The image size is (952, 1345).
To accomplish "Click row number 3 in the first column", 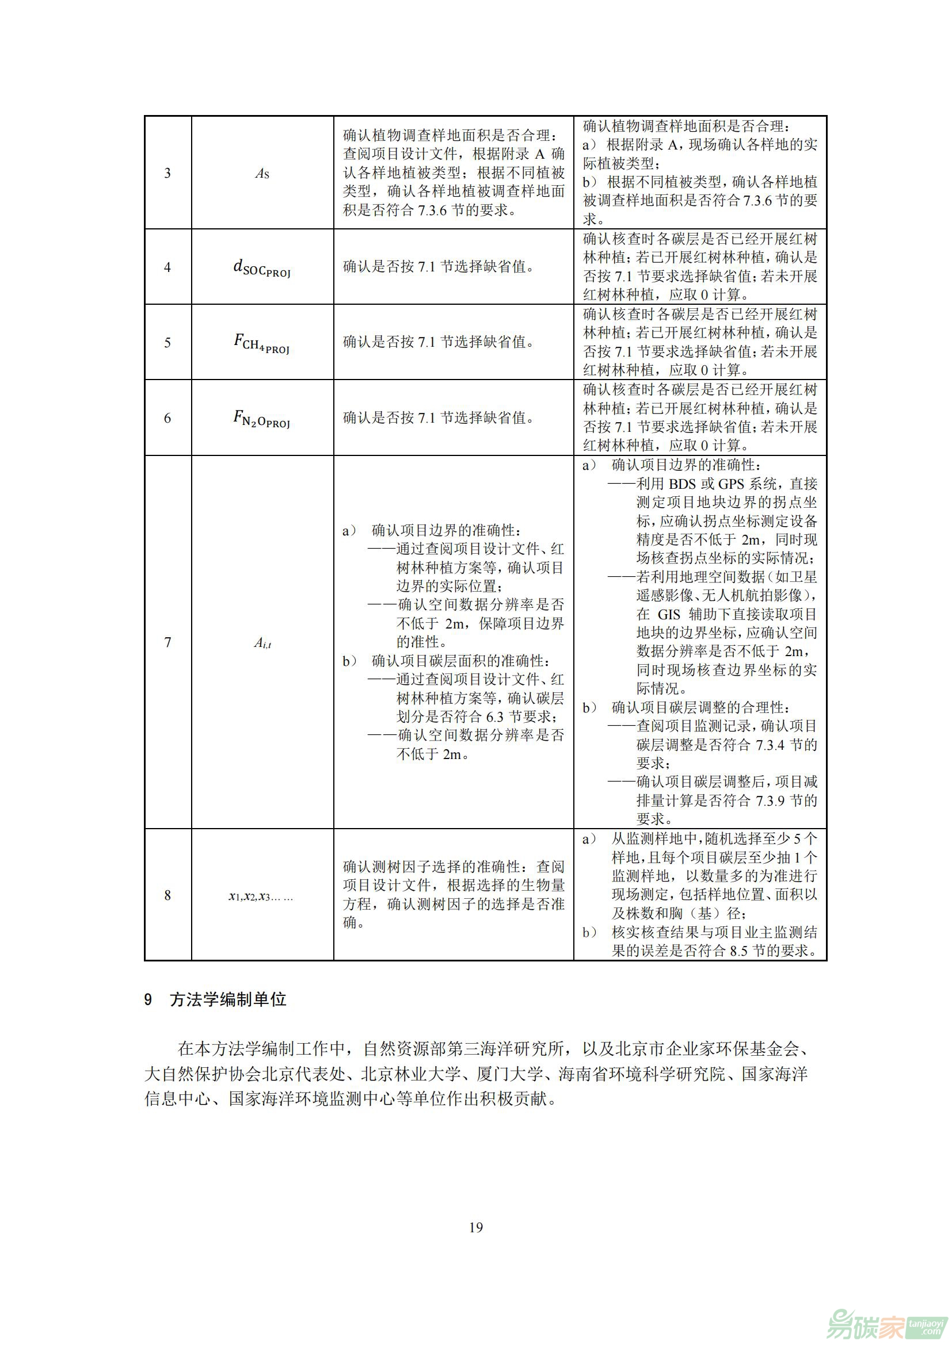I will (x=167, y=173).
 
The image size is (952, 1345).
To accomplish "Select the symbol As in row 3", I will (x=262, y=174).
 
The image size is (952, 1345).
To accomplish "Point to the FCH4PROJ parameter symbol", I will (x=262, y=343).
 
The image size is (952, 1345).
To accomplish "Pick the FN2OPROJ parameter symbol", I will (x=262, y=418).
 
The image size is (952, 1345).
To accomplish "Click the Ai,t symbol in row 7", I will (x=262, y=643).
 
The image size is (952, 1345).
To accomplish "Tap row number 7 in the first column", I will (x=167, y=643).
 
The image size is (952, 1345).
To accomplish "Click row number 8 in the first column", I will (x=167, y=895).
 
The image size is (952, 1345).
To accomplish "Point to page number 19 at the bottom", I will (x=476, y=1227).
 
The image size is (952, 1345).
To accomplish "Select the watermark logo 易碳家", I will (x=867, y=1323).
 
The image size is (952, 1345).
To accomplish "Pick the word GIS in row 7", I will (x=669, y=615).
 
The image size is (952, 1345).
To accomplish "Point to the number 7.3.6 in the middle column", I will (x=432, y=210).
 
